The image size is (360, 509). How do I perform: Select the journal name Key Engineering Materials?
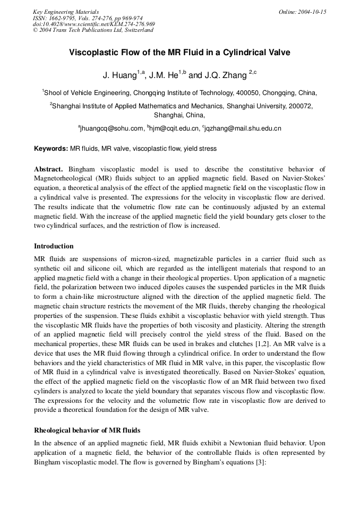[66, 12]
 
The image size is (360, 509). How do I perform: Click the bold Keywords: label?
[51, 149]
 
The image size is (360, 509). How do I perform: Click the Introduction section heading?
[54, 246]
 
